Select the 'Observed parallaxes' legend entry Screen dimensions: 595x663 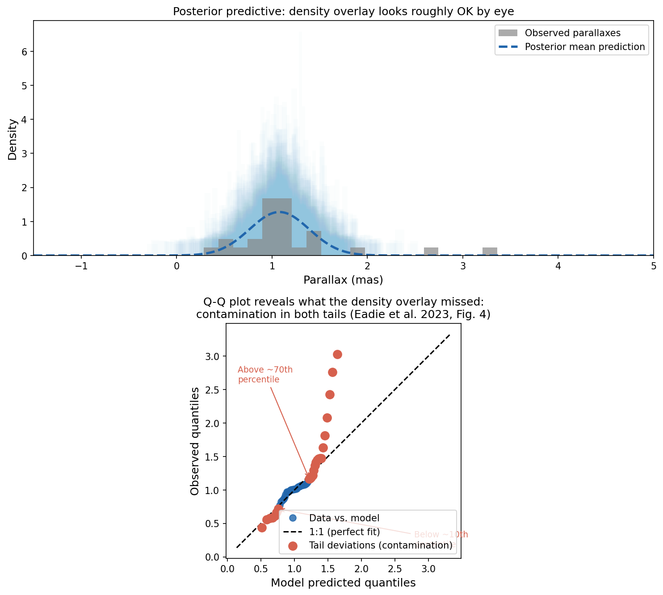coord(572,33)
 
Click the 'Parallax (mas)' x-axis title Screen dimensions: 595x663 coord(343,280)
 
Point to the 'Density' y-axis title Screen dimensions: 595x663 coord(13,139)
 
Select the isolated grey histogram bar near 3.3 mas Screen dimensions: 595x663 coord(490,251)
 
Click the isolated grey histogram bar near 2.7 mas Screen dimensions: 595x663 coord(431,251)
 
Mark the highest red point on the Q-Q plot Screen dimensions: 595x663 coord(337,354)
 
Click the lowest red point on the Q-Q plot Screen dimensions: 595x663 coord(262,528)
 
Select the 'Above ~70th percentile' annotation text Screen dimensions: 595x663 coord(265,375)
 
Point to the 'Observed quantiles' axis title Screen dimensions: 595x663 coord(195,441)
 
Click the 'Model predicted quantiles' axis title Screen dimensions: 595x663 coord(343,583)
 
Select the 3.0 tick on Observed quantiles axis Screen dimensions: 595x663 coord(214,356)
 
